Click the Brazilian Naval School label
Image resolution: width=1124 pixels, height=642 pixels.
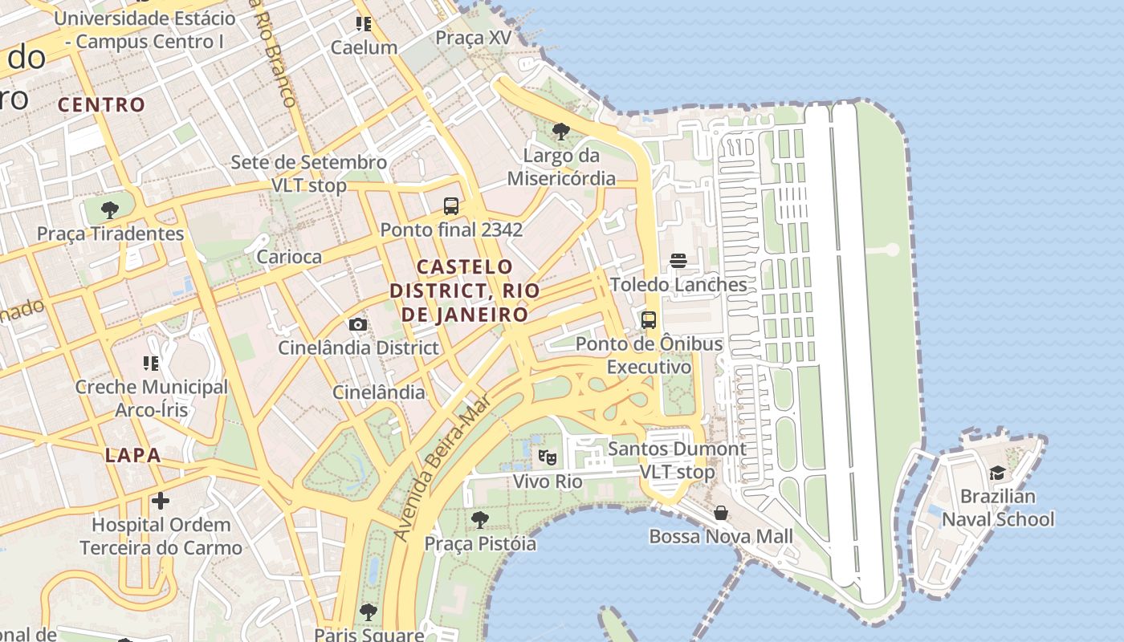click(997, 508)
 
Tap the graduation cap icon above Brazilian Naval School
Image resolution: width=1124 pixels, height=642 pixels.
click(997, 473)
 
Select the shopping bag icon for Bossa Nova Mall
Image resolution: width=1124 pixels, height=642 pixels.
click(721, 513)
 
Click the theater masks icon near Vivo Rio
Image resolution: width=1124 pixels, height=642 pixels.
click(548, 457)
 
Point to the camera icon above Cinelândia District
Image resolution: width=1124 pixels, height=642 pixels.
click(358, 324)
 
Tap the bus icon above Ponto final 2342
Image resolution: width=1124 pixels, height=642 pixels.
click(451, 206)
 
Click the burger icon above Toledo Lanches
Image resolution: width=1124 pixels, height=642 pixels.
click(678, 261)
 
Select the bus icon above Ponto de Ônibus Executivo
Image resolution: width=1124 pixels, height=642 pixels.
click(649, 320)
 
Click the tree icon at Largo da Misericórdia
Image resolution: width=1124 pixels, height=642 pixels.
click(561, 131)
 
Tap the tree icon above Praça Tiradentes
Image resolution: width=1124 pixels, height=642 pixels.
click(110, 210)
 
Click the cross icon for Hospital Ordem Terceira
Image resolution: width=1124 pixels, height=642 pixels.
click(161, 502)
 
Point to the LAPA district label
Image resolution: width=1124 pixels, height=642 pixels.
click(133, 456)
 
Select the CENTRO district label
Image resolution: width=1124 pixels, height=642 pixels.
click(101, 104)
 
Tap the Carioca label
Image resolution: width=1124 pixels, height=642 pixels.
click(289, 257)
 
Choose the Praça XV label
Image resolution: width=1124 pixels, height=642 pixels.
click(472, 38)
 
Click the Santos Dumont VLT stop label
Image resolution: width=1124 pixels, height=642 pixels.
click(677, 460)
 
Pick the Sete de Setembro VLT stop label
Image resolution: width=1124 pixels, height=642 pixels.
click(309, 173)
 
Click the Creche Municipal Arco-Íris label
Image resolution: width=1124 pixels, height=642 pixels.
click(152, 398)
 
